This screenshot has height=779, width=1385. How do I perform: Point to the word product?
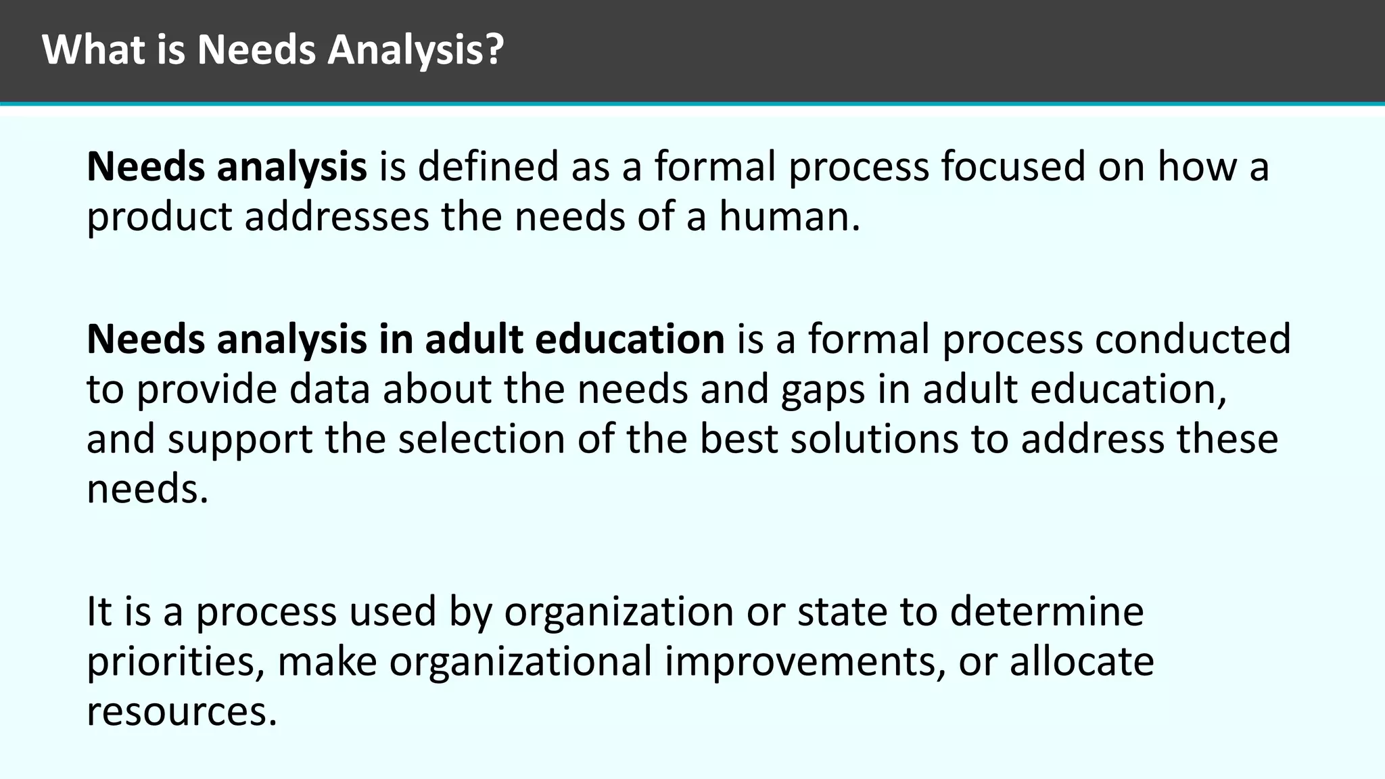click(x=160, y=218)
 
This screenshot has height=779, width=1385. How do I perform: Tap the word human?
click(x=789, y=218)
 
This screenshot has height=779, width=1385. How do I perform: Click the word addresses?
click(x=337, y=218)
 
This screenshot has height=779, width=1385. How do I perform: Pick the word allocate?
click(x=1082, y=662)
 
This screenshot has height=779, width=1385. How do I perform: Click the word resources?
click(x=182, y=712)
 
